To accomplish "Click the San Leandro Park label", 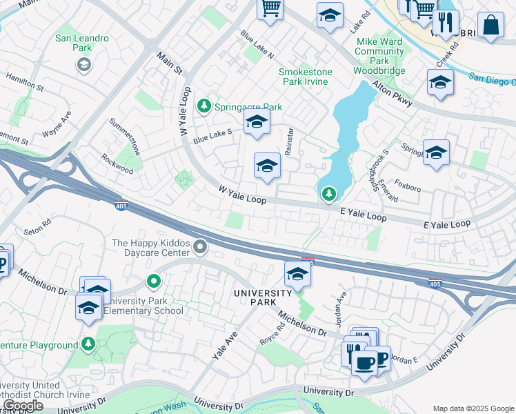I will [82, 43].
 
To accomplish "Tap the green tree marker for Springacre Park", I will [204, 106].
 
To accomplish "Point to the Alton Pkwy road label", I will [393, 93].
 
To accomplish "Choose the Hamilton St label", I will [25, 82].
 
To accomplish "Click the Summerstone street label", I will [125, 136].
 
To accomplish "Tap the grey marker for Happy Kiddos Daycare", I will [200, 246].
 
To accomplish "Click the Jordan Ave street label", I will [340, 305].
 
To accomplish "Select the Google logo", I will [22, 406].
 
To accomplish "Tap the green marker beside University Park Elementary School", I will [154, 282].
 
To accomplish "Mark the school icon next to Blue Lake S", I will [257, 123].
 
